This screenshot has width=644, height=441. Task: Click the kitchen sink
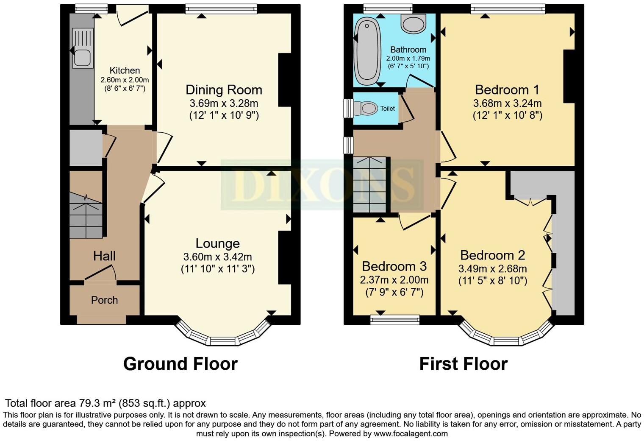[82, 47]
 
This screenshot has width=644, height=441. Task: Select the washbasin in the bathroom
[413, 24]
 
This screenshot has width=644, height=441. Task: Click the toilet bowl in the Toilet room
[367, 109]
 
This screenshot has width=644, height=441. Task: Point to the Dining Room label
[224, 90]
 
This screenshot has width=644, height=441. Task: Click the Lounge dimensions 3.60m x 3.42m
[217, 257]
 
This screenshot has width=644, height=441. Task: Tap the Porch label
[104, 300]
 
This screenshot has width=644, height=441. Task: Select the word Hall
[104, 256]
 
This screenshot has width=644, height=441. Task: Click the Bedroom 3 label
[394, 266]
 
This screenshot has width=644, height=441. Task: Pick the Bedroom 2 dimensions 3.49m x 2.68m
[492, 269]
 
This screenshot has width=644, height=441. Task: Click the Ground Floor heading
[180, 364]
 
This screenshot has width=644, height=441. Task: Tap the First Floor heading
[463, 364]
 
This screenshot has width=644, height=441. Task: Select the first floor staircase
[370, 185]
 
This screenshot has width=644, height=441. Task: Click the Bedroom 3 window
[394, 320]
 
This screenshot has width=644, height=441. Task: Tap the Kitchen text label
[125, 70]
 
